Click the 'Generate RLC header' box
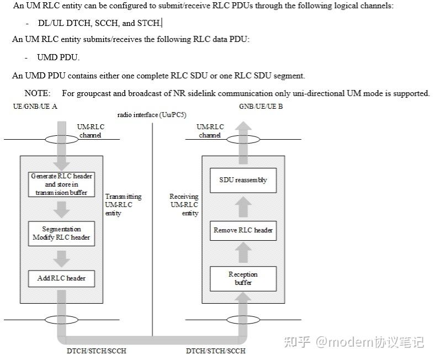[61, 184]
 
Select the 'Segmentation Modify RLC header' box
[61, 234]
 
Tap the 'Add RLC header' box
[61, 278]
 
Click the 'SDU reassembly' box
[243, 180]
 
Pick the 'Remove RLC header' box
[243, 230]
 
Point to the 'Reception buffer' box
[243, 278]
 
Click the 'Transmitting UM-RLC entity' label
[123, 205]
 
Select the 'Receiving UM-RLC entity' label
[184, 205]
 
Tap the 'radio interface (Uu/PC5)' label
[152, 115]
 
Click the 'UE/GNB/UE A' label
[35, 106]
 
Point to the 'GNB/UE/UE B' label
[261, 106]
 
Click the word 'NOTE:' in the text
[38, 93]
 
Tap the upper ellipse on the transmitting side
[61, 139]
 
